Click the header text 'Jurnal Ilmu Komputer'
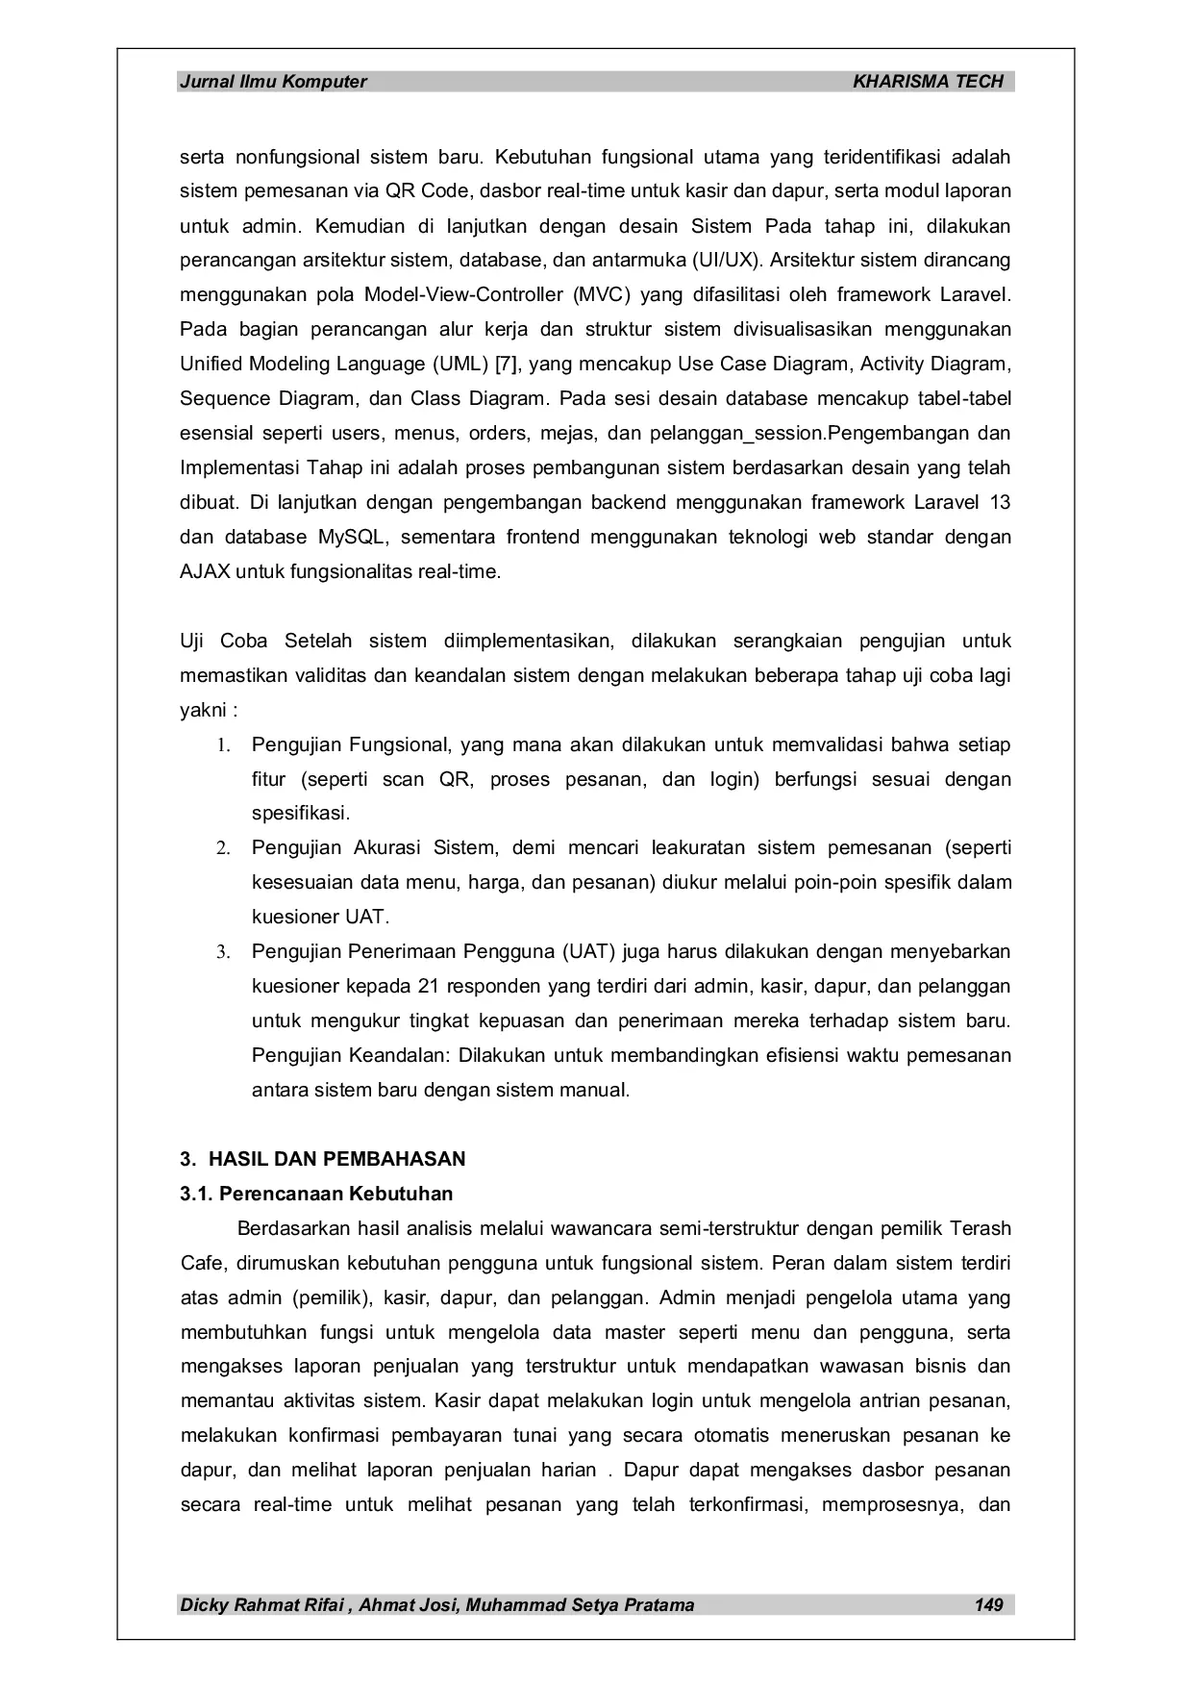tap(273, 82)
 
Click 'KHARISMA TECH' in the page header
tap(928, 82)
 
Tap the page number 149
tap(988, 1604)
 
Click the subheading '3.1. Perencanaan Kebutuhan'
tap(316, 1194)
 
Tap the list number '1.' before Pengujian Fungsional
tap(223, 745)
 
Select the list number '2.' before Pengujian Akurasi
tap(223, 849)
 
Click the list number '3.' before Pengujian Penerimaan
tap(223, 953)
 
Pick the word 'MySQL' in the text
tap(354, 538)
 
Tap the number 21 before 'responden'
tap(430, 987)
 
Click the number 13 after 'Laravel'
tap(1000, 503)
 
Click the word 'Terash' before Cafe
tap(981, 1228)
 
